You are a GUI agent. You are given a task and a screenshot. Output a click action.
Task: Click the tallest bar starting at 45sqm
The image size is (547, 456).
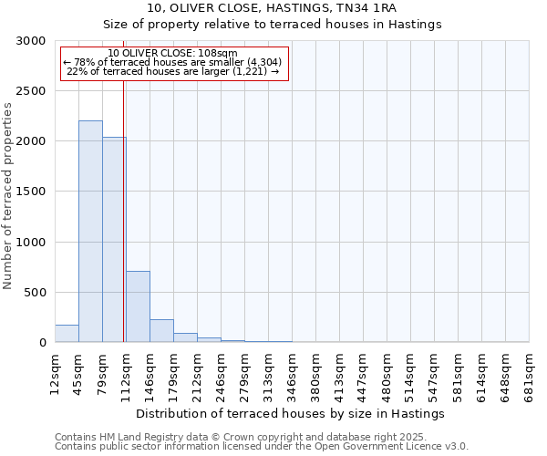click(x=90, y=232)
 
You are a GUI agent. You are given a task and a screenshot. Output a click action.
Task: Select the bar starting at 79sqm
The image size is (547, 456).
click(x=114, y=239)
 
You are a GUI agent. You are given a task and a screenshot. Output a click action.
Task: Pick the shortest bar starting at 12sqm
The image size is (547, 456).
click(x=67, y=334)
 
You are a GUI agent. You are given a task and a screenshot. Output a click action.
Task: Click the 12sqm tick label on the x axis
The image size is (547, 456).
click(x=56, y=369)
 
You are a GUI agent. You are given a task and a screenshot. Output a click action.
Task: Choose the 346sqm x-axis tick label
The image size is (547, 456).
click(x=293, y=371)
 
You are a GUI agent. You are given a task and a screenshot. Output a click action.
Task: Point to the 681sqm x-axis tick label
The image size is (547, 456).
click(x=530, y=371)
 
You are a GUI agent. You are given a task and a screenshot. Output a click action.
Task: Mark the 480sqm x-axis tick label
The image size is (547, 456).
click(x=387, y=371)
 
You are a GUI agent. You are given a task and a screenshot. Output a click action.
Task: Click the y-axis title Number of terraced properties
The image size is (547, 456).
click(x=8, y=196)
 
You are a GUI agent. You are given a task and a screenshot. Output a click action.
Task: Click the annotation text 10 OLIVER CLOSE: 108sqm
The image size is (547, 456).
click(x=172, y=54)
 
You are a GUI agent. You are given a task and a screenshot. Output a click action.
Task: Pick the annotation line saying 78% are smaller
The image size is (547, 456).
click(x=172, y=62)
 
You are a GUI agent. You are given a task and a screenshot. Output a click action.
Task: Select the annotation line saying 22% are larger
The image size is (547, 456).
click(x=172, y=71)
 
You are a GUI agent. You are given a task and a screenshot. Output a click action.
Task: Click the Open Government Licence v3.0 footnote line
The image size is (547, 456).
click(x=262, y=446)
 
